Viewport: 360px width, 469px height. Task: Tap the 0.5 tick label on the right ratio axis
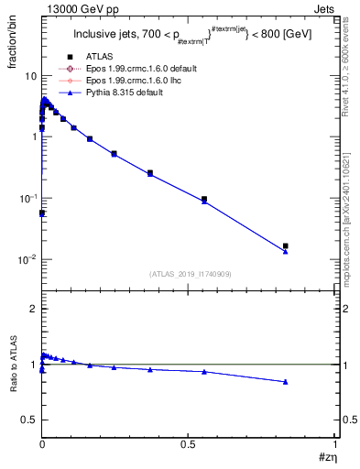[x=346, y=420]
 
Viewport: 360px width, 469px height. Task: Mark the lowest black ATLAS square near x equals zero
[x=41, y=213]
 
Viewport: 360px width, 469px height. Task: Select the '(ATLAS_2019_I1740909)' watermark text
[x=189, y=274]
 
